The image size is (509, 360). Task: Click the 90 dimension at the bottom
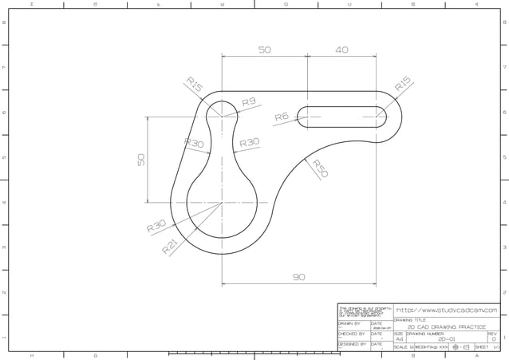pos(298,277)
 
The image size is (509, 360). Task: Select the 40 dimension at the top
pos(341,49)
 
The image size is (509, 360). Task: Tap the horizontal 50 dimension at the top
pos(264,49)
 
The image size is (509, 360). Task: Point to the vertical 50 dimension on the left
pos(141,159)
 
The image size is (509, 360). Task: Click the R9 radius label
pos(248,102)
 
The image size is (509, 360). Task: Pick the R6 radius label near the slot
pos(282,117)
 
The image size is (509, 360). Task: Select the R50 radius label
pos(319,168)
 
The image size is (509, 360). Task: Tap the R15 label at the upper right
pos(402,84)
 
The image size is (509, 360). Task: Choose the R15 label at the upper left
pos(194,85)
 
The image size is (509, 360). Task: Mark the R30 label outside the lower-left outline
pos(156,227)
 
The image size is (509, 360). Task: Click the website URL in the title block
pos(446,310)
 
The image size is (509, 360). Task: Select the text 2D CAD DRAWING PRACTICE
pos(446,327)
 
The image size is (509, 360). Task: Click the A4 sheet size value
pos(400,338)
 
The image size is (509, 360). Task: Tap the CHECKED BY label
pos(352,334)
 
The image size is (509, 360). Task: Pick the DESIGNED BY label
pos(352,344)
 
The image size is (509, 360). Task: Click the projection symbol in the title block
pos(461,347)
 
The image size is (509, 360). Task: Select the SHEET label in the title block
pos(482,347)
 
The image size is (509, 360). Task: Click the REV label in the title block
pos(492,334)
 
